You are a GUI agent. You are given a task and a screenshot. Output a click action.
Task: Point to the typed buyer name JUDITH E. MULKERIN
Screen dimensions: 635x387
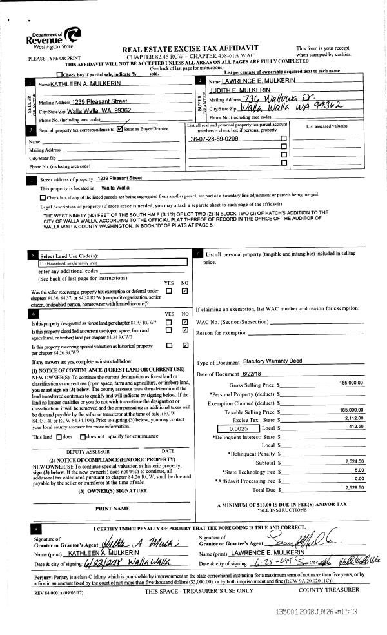(236, 92)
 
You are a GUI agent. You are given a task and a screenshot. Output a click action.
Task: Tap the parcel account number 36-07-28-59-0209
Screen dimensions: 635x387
(214, 139)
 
